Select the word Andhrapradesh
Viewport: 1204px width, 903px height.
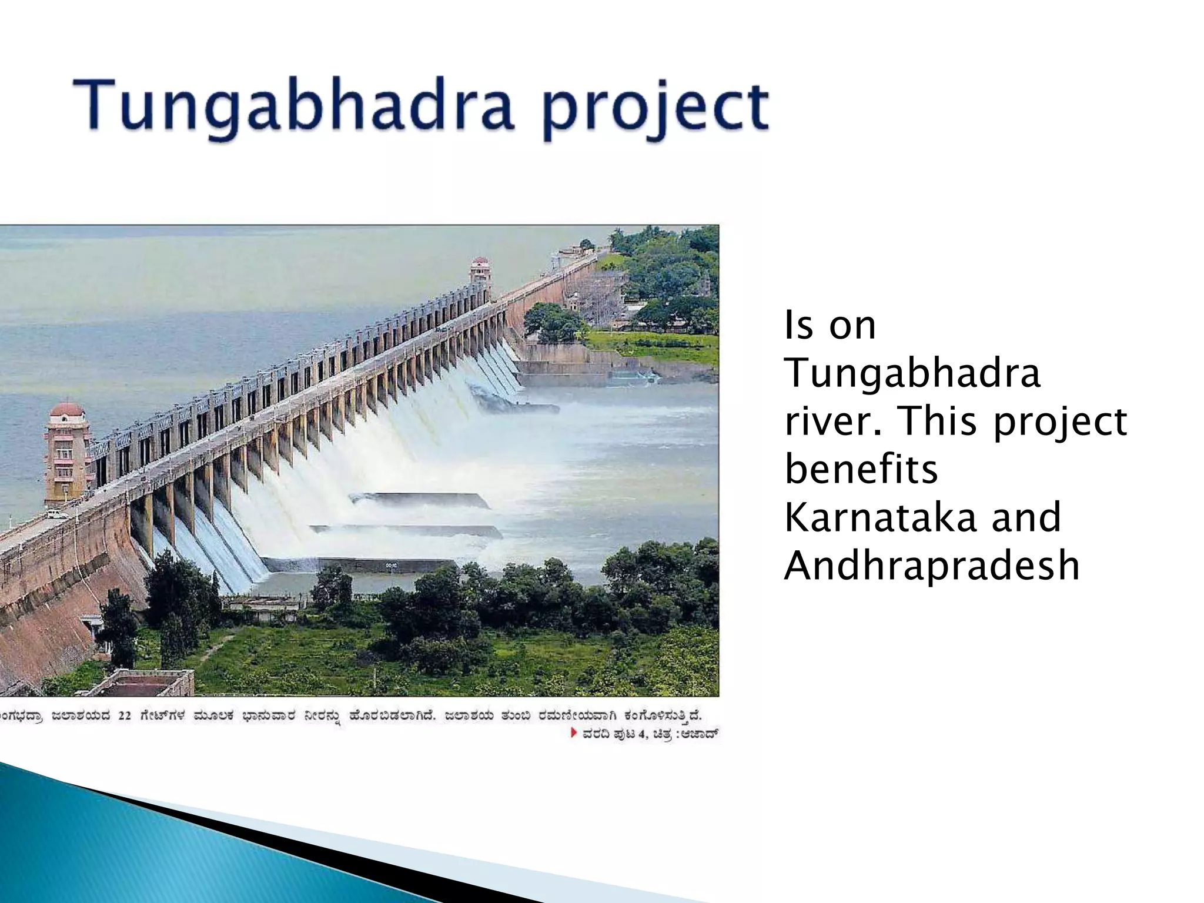pyautogui.click(x=932, y=566)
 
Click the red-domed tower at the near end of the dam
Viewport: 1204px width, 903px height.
pyautogui.click(x=66, y=450)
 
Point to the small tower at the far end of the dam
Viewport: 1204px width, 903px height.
pyautogui.click(x=480, y=277)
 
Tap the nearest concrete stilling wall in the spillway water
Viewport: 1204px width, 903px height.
pyautogui.click(x=359, y=565)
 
